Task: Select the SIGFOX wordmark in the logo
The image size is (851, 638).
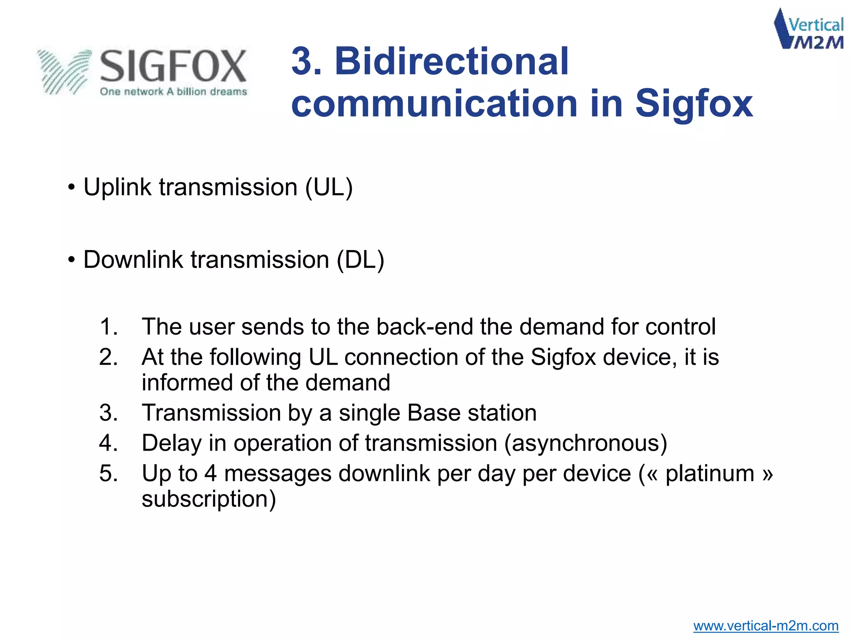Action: [173, 66]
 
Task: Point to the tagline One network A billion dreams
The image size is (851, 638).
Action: [173, 92]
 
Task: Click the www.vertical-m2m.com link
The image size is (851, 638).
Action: [765, 626]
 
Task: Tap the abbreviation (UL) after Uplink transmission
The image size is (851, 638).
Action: [329, 187]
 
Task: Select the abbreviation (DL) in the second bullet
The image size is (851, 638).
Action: [360, 260]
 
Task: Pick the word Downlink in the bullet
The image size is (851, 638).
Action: [133, 260]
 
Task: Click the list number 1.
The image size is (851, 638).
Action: [108, 326]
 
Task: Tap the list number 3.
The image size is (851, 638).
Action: [108, 413]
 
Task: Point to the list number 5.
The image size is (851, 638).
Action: [108, 474]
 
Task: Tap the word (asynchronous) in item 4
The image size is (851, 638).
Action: [585, 443]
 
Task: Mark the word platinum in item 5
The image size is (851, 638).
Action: [710, 474]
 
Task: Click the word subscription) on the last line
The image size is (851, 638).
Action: [209, 499]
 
